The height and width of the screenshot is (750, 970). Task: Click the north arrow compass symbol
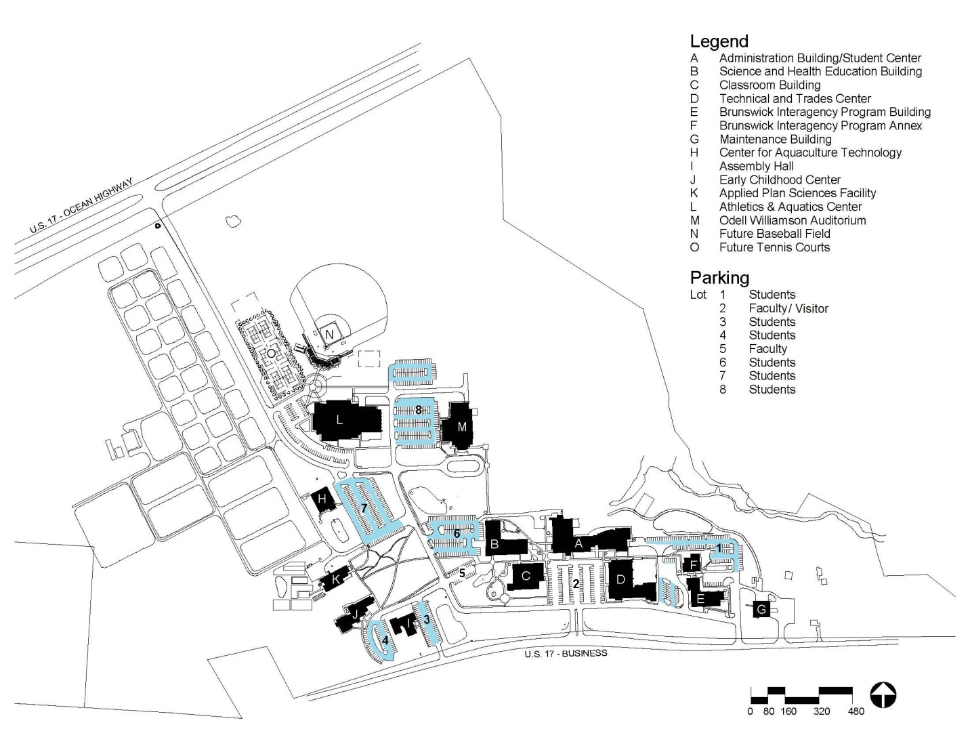tap(883, 695)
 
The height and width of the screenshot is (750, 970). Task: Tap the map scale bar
tap(801, 694)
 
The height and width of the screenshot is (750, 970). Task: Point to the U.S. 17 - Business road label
tap(566, 654)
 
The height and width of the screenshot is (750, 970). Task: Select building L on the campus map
tap(339, 420)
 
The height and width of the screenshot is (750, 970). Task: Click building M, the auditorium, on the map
tap(462, 427)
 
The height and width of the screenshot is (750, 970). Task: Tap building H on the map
tap(323, 500)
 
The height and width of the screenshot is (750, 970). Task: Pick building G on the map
tap(761, 610)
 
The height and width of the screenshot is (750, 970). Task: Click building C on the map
tap(526, 576)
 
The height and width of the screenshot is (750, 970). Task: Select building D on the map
tap(620, 580)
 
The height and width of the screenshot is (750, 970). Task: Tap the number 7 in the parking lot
tap(364, 507)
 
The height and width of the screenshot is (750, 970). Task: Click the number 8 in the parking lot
tap(419, 410)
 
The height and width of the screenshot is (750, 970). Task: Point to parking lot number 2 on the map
tap(576, 583)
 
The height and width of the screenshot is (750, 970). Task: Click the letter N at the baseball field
tap(329, 335)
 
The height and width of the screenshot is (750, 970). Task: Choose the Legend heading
tap(719, 41)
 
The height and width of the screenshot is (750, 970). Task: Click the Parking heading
tap(719, 278)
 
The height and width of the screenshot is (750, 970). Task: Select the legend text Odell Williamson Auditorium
tap(792, 220)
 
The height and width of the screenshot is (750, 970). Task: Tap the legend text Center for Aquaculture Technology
tap(810, 152)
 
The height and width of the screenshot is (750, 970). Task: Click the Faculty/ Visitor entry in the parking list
tap(788, 308)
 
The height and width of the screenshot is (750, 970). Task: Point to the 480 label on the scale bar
tap(856, 711)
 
